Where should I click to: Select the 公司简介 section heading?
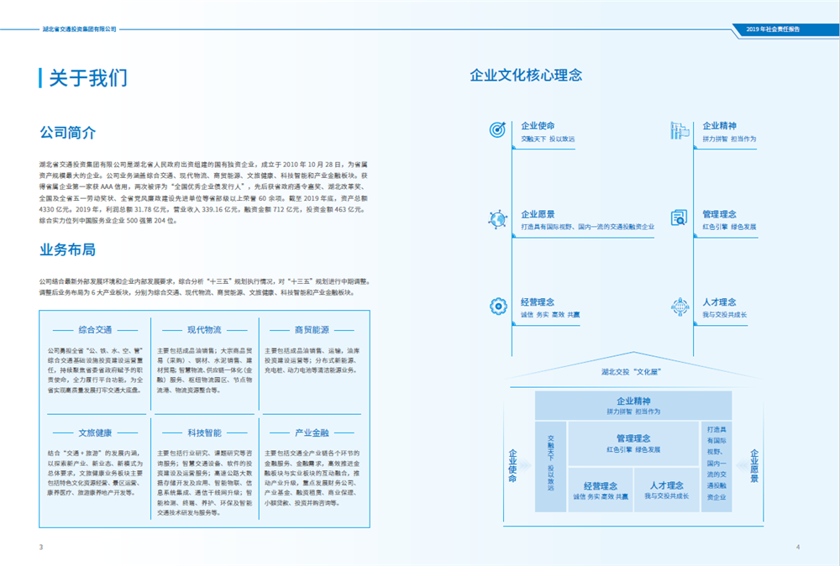(67, 133)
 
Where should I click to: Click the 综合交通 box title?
(95, 330)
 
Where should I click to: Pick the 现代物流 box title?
(204, 330)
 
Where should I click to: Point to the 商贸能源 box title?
(312, 330)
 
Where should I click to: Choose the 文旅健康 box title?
(95, 433)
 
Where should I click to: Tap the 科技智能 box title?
(204, 433)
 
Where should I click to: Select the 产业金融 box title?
(312, 433)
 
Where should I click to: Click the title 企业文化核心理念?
(526, 76)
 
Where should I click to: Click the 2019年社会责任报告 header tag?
(773, 29)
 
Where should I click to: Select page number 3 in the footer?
(40, 548)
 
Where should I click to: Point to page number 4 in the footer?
(798, 548)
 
